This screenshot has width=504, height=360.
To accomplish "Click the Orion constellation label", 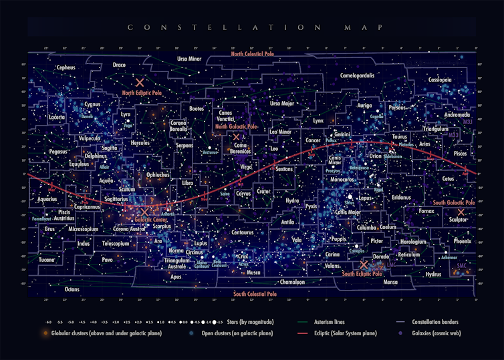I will (x=375, y=157).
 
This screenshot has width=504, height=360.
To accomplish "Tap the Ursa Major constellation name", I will (x=282, y=104).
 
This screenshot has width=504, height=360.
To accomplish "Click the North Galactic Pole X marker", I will (x=235, y=137).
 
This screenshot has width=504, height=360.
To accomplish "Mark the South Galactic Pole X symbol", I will (x=461, y=212).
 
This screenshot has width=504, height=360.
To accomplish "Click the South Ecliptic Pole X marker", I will (x=364, y=264).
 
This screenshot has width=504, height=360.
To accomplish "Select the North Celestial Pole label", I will (x=253, y=54).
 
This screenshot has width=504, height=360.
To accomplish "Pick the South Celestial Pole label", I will (x=255, y=294).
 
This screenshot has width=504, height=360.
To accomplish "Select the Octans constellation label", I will (x=72, y=289).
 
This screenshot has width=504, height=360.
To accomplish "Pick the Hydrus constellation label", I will (x=434, y=274).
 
